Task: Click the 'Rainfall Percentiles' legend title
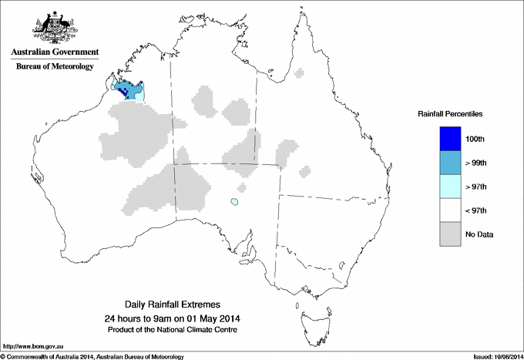(450, 114)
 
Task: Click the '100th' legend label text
(475, 139)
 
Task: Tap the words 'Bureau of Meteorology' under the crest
(55, 67)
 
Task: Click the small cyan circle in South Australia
(233, 203)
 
